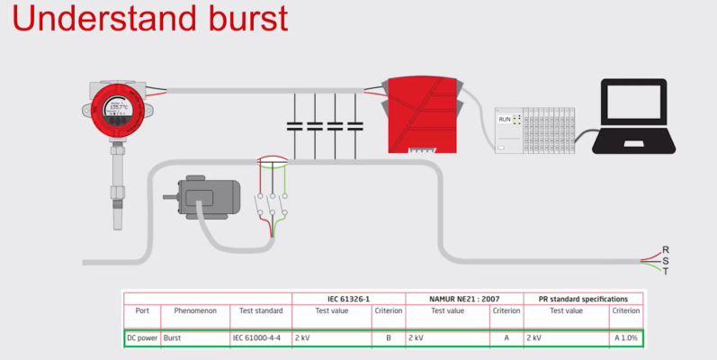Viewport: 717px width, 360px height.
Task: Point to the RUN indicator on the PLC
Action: [505, 119]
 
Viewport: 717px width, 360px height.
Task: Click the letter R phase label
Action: [666, 249]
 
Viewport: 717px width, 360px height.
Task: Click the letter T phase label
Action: [666, 271]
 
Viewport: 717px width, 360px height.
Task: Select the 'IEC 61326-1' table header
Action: [348, 298]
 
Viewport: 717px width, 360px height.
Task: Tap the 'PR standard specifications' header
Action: [583, 298]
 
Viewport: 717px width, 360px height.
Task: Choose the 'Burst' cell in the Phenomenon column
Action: [174, 338]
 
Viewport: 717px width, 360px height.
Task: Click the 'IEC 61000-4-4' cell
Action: [256, 338]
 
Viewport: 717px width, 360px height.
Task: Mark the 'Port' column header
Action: [142, 310]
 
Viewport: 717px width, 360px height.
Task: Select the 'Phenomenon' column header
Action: [194, 310]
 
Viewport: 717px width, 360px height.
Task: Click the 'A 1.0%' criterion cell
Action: [626, 338]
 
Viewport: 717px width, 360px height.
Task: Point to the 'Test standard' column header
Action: [261, 310]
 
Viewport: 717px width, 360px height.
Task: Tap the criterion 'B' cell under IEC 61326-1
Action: [388, 338]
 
